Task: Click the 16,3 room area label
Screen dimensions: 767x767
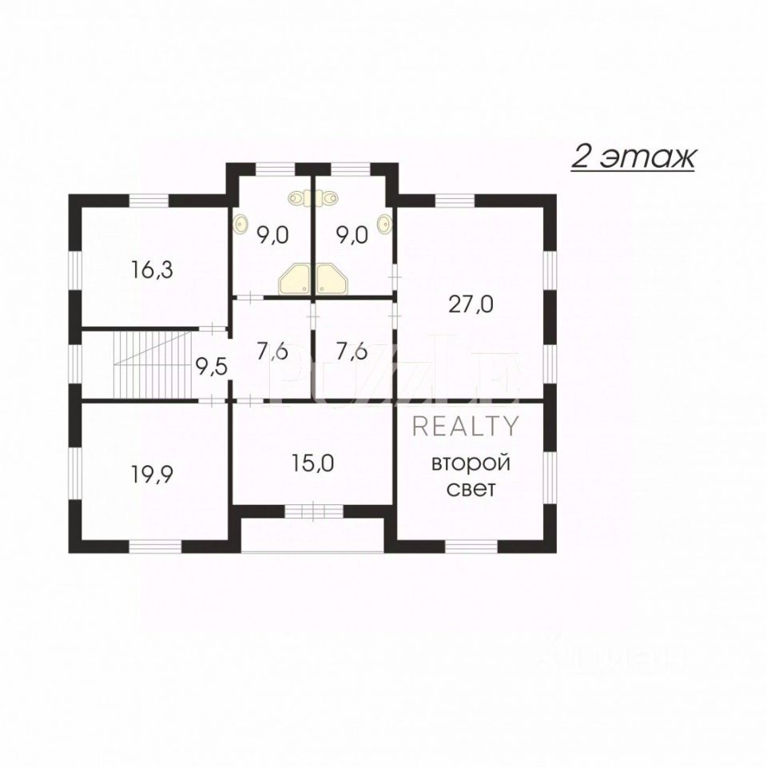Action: pyautogui.click(x=152, y=270)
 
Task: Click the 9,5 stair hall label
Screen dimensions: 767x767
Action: pyautogui.click(x=211, y=367)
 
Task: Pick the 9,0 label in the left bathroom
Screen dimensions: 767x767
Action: pyautogui.click(x=272, y=234)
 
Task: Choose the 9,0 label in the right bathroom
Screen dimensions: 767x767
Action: pyautogui.click(x=351, y=234)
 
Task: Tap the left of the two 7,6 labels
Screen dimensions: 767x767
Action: pyautogui.click(x=272, y=352)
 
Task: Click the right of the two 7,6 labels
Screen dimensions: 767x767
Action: pyautogui.click(x=351, y=352)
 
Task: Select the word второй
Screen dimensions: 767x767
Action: pyautogui.click(x=471, y=463)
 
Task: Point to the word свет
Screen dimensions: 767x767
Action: pyautogui.click(x=471, y=489)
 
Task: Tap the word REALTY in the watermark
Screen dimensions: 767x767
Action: pyautogui.click(x=466, y=427)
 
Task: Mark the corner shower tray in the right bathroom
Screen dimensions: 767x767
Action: pyautogui.click(x=330, y=280)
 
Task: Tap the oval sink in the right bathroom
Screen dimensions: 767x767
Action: pyautogui.click(x=385, y=225)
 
